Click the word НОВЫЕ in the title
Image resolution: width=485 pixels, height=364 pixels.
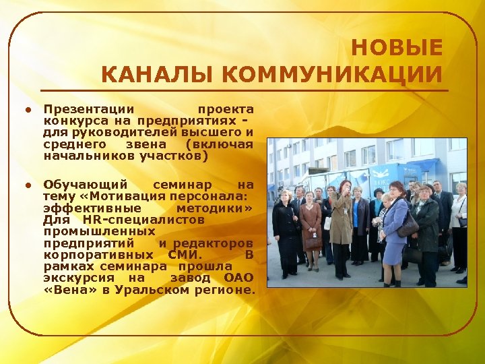(x=397, y=49)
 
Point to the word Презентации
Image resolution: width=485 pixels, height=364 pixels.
(x=88, y=109)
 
